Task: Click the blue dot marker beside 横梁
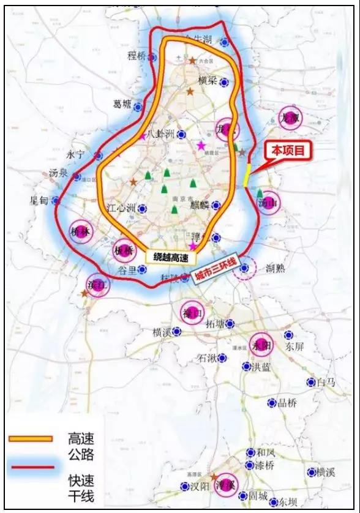(224, 81)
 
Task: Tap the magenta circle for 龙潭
(290, 118)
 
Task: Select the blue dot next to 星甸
(56, 200)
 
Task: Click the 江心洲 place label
(121, 209)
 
